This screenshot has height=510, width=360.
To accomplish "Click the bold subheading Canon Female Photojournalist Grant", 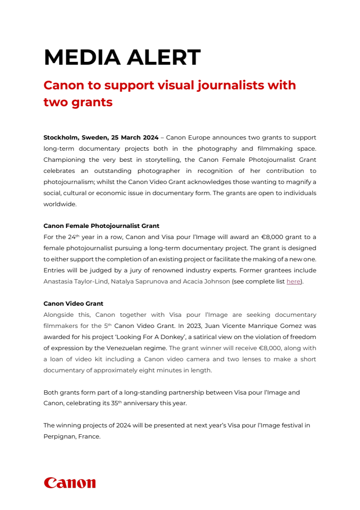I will (101, 226).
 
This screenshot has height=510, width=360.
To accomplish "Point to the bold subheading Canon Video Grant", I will (73, 304).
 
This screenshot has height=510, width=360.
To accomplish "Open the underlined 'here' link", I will (293, 281).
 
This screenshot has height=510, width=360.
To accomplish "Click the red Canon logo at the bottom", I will (69, 482).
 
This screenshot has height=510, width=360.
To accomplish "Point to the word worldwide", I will (61, 204).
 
